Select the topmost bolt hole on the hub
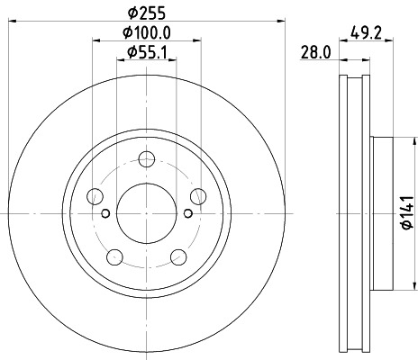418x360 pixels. pos(146,159)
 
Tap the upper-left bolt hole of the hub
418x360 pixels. pos(95,195)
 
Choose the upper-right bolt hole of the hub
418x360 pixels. pos(196,195)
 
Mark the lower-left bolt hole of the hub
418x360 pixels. pos(114,255)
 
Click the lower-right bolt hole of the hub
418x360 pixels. pos(177,255)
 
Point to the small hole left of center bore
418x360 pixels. pos(105,212)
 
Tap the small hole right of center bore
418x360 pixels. pos(186,212)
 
